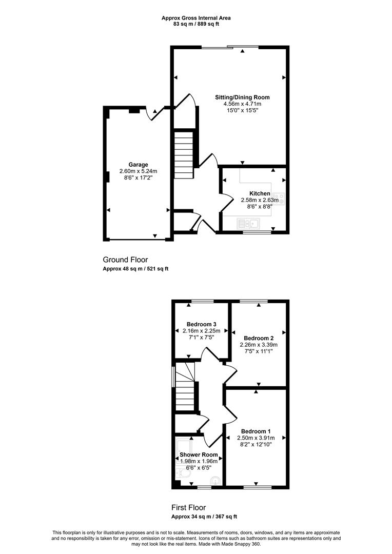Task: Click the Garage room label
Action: [x=138, y=165]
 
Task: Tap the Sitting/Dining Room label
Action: [x=243, y=97]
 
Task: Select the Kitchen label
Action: [x=260, y=193]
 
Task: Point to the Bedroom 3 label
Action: [x=202, y=324]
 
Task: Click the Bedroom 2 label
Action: [x=259, y=338]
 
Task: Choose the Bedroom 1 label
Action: [x=256, y=431]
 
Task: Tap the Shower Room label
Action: [x=199, y=454]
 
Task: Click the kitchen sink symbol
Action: [x=249, y=224]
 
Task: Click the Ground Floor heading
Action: [x=125, y=260]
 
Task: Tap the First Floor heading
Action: [x=188, y=508]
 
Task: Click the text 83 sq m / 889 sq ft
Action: [x=196, y=24]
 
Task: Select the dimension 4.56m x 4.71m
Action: [x=243, y=104]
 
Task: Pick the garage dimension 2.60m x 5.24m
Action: [x=138, y=171]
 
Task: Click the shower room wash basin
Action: [x=215, y=481]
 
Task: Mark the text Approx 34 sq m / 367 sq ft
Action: [x=204, y=517]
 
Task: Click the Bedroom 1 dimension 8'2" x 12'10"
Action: [x=256, y=444]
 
